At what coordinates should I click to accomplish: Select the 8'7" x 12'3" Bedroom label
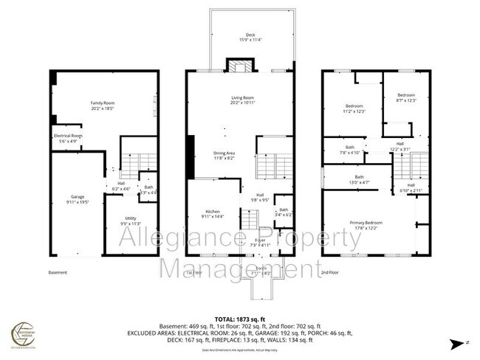(x=405, y=97)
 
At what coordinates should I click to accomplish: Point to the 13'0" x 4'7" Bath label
(x=359, y=179)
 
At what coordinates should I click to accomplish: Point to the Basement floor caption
(x=58, y=271)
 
